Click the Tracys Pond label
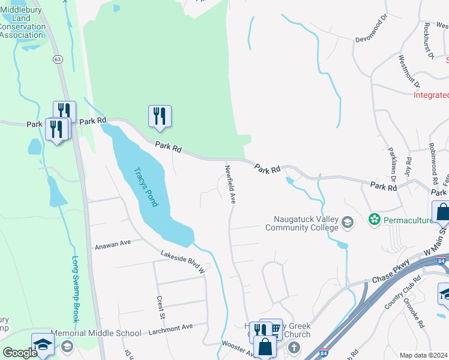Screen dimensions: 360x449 (146, 187)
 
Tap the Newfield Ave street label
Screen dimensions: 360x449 (229, 184)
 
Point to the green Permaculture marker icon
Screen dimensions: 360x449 (375, 220)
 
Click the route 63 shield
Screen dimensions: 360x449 (58, 59)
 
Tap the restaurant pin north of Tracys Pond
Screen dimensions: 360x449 (160, 115)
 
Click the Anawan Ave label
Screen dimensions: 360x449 (113, 246)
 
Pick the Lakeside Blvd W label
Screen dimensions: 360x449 (182, 262)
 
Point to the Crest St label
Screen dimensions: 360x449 (160, 307)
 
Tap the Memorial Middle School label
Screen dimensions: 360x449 (95, 333)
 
